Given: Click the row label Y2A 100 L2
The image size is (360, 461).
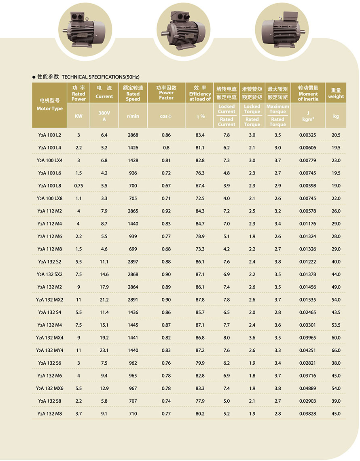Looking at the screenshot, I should (x=50, y=135).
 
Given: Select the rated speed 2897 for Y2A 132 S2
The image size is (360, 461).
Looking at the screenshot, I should (x=133, y=262).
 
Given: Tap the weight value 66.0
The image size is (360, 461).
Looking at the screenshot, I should (x=336, y=351).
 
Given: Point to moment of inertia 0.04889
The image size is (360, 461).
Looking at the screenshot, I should (x=308, y=389).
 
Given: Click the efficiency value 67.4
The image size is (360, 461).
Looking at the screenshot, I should (x=200, y=186).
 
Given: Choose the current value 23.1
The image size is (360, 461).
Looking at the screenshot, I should (x=104, y=351).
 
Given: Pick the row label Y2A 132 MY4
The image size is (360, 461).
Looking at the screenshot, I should (x=50, y=351).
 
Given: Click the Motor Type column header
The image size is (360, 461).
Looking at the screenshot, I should (x=50, y=104).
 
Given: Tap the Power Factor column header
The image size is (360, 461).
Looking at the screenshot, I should (x=166, y=93).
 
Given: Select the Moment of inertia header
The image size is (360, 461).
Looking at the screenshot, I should (x=308, y=93).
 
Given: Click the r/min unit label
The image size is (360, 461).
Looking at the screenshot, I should (x=133, y=116).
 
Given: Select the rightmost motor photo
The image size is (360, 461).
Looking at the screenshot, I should (x=280, y=28).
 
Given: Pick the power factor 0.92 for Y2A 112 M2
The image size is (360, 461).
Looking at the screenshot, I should (x=166, y=211).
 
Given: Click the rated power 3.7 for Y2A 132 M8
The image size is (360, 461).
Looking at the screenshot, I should (x=78, y=414).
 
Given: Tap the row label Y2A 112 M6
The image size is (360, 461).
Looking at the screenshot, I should (x=50, y=236).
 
